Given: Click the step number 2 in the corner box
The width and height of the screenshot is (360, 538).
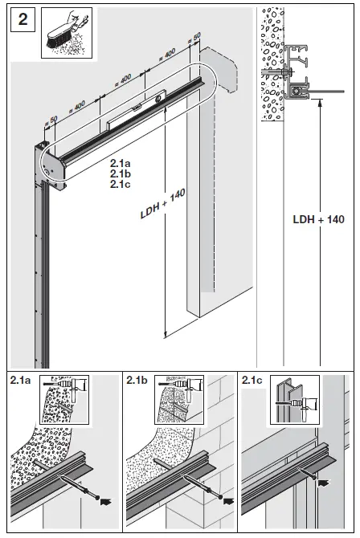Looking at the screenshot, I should click(x=22, y=21).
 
